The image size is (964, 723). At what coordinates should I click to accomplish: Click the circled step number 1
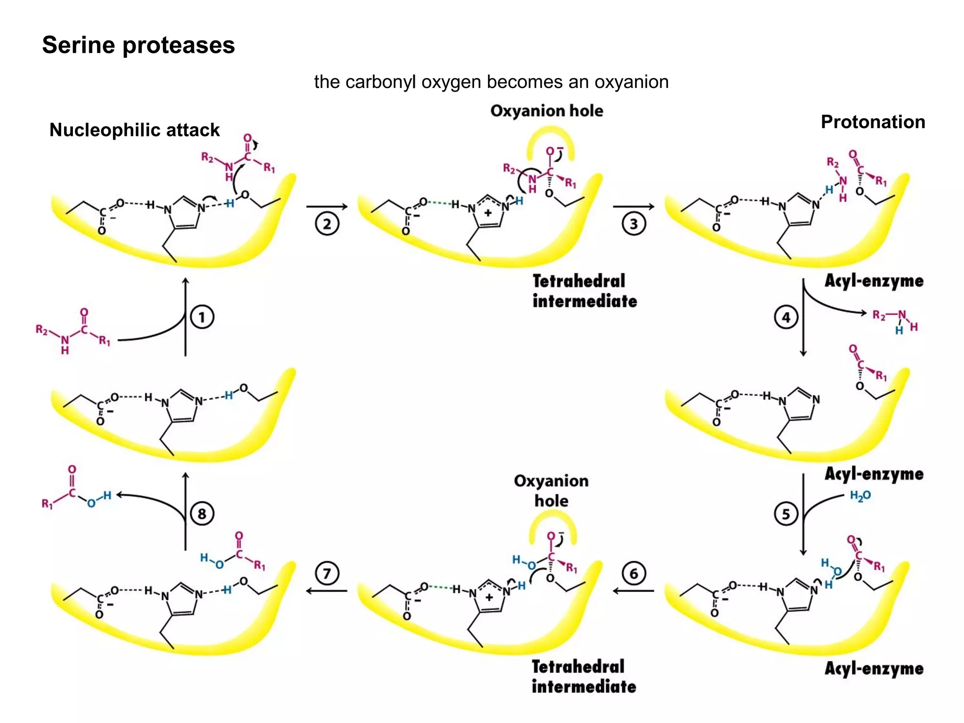[202, 317]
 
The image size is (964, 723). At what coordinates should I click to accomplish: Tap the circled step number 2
[327, 224]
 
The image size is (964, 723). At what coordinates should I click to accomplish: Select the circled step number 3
[634, 224]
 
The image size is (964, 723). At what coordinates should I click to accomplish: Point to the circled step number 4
[786, 317]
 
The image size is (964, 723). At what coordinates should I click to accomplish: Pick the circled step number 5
[786, 514]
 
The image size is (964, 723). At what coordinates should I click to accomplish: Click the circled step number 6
[634, 573]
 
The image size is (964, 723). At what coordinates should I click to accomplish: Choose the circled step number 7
[327, 573]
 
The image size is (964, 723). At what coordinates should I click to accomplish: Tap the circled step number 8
[202, 514]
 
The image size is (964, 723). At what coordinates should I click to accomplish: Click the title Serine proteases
[138, 45]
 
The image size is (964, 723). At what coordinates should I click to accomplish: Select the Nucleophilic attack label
[135, 130]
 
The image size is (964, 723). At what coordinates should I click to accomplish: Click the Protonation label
[873, 122]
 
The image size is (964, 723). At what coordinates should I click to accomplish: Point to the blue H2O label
[860, 496]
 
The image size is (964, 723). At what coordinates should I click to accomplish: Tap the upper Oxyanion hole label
[546, 111]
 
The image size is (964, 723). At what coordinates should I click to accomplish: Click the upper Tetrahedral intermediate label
[584, 291]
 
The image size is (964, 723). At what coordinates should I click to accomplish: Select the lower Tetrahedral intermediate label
[584, 676]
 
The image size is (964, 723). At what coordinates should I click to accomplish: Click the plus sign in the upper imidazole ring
[488, 213]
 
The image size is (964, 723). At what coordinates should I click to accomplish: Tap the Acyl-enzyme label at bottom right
[874, 668]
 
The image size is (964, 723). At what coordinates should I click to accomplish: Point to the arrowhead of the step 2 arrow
[345, 206]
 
